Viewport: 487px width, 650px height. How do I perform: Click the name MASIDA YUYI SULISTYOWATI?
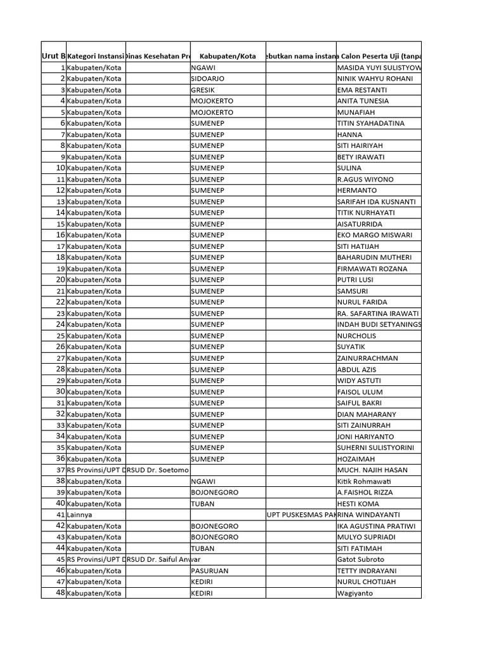[x=379, y=68]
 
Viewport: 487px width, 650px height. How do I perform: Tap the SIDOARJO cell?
[x=208, y=79]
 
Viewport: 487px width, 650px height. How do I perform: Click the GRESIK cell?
[x=204, y=90]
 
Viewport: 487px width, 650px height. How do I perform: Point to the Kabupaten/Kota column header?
[x=227, y=56]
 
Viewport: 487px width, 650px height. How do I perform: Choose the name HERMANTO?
[x=358, y=190]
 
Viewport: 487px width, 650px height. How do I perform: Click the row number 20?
[x=61, y=279]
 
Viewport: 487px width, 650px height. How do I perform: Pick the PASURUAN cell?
[x=210, y=571]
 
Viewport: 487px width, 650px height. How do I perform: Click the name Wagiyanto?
[x=356, y=594]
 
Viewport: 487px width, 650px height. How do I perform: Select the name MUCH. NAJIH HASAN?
[x=373, y=470]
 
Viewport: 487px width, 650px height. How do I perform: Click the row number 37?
[x=61, y=470]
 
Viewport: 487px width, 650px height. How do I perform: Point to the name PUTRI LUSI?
[x=356, y=279]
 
